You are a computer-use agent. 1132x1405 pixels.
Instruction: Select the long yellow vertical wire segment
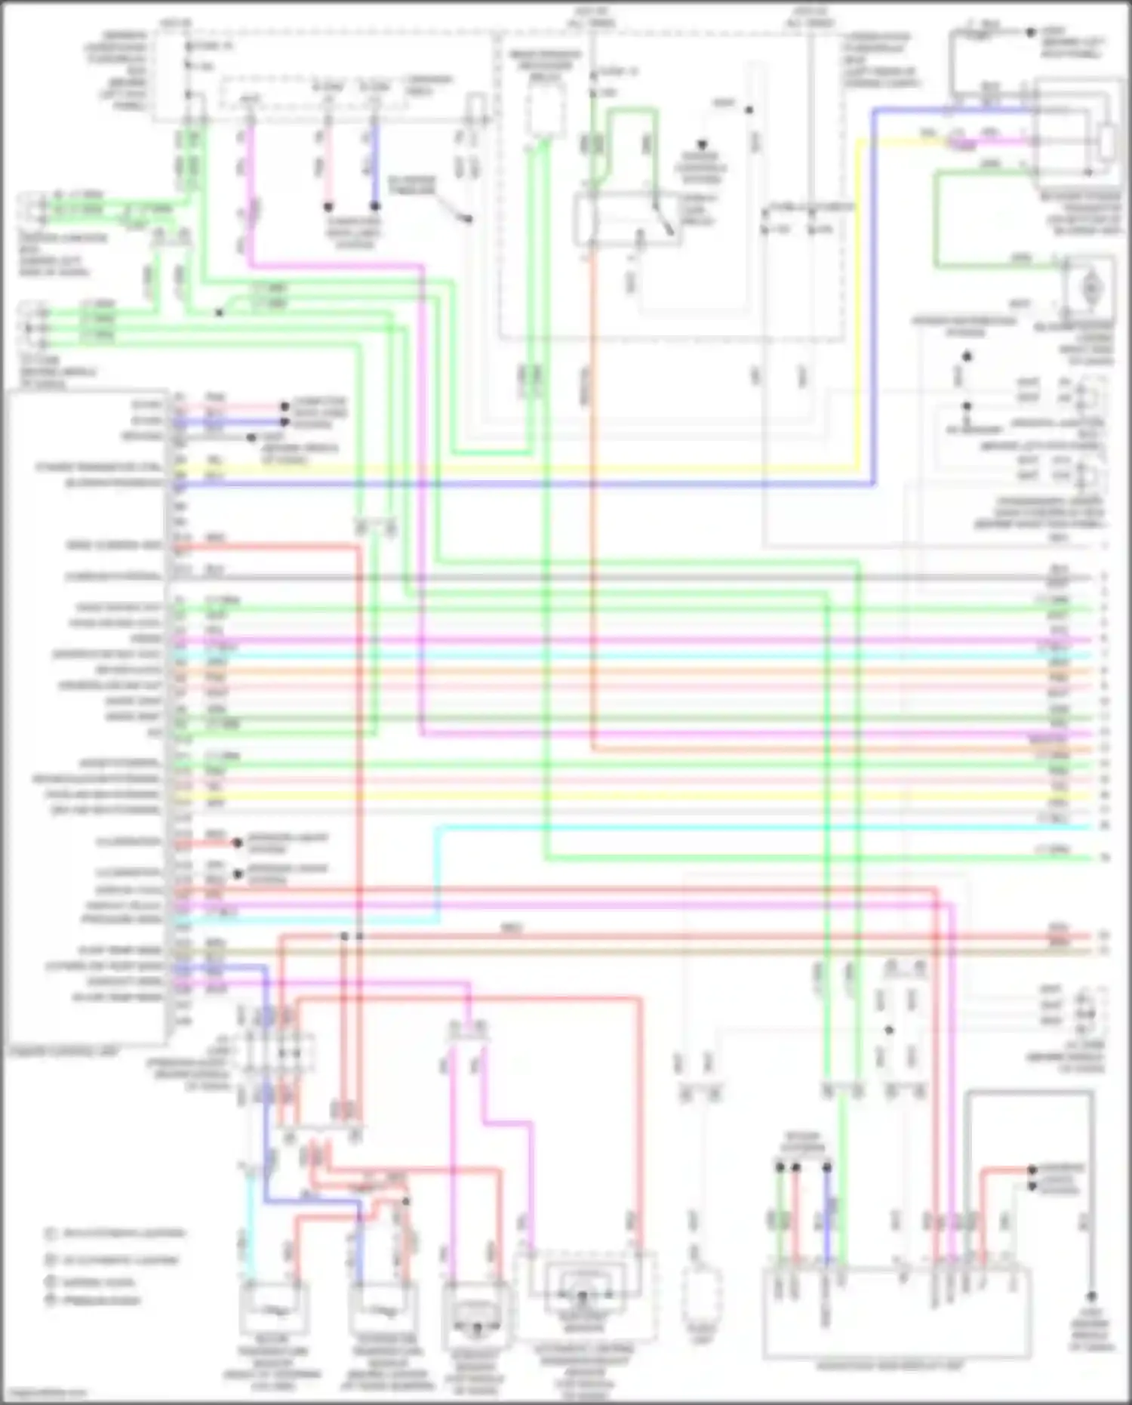coord(857,302)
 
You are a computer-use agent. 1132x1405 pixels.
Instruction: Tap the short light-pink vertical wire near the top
coord(328,170)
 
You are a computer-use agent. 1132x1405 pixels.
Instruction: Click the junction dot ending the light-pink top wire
coord(328,206)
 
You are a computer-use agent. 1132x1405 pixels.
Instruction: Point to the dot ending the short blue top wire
coord(375,206)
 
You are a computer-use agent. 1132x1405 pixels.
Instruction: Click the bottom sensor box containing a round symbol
coord(475,1314)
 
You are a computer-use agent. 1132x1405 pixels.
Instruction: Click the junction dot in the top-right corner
coord(1031,32)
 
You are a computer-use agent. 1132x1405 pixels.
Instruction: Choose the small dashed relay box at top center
coord(545,111)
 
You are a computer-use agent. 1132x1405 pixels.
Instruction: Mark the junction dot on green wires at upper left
coord(219,312)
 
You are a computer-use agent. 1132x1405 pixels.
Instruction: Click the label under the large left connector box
coord(64,1050)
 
